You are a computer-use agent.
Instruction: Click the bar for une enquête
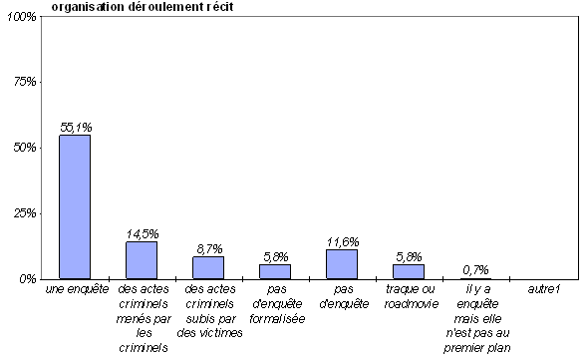click(75, 207)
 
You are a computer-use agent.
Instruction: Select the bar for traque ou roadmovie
click(409, 272)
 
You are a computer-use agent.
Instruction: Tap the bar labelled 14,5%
click(142, 260)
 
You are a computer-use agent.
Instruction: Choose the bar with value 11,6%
click(342, 264)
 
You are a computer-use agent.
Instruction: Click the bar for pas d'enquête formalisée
click(275, 272)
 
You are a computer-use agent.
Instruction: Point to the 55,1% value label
click(76, 128)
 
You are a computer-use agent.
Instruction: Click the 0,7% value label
click(475, 269)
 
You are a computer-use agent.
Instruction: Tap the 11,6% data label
click(343, 242)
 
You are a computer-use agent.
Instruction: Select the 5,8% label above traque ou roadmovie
click(409, 257)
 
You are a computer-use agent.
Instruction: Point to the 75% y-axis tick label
click(25, 82)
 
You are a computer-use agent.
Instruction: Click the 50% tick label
click(25, 148)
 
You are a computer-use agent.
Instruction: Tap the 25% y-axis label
click(25, 213)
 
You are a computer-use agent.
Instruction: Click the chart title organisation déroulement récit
click(143, 7)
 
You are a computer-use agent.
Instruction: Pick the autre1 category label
click(543, 289)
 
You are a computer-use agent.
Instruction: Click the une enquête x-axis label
click(77, 289)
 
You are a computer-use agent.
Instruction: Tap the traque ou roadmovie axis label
click(411, 296)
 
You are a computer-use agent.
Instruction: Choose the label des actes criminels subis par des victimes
click(209, 311)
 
